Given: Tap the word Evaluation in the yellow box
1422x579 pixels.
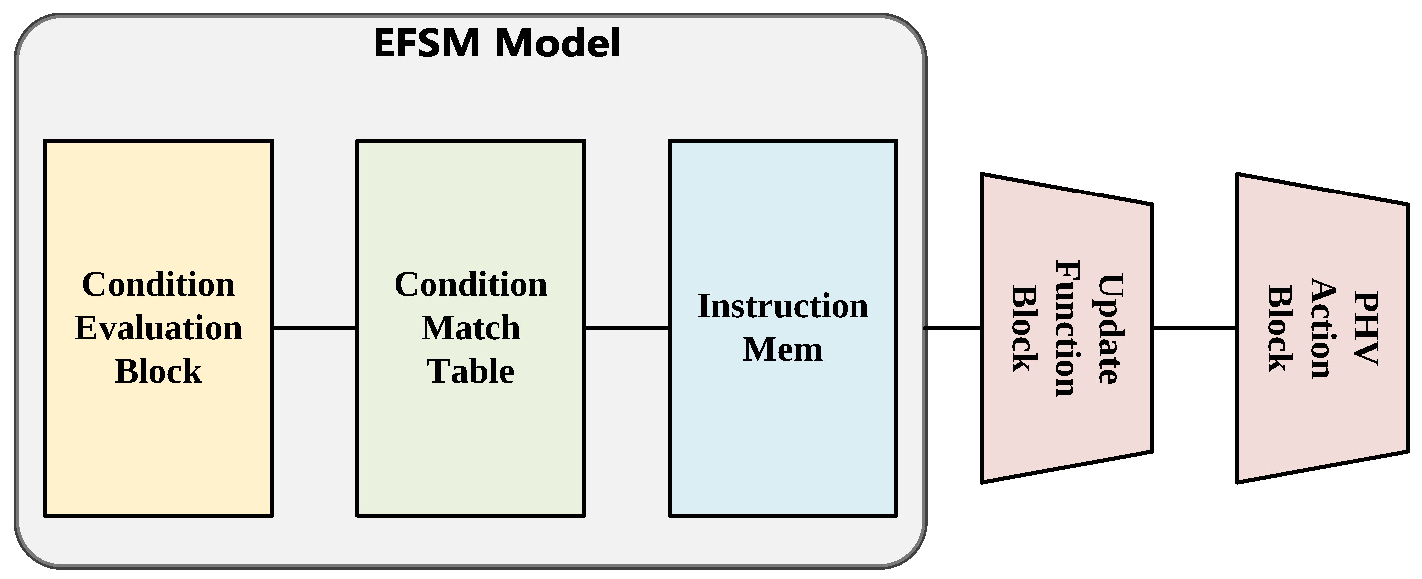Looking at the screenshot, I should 158,328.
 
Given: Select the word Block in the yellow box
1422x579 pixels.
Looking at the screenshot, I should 158,371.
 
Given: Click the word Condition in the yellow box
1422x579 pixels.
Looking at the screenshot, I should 158,285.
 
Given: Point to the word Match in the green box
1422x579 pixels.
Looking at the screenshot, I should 470,328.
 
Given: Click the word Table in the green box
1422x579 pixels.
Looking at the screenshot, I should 470,371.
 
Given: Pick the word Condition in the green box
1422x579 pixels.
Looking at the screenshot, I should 470,285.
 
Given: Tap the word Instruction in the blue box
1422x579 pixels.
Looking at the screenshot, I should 783,306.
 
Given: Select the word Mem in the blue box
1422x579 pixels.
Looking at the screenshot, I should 783,349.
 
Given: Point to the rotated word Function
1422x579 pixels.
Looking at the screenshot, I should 1066,328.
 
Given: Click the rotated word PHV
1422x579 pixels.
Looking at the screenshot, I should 1366,328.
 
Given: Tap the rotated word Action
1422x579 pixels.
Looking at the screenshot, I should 1323,328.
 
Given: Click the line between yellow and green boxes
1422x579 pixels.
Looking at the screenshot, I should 315,328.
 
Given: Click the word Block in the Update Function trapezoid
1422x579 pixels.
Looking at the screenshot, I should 1023,328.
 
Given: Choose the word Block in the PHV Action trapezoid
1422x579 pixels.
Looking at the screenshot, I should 1280,328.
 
